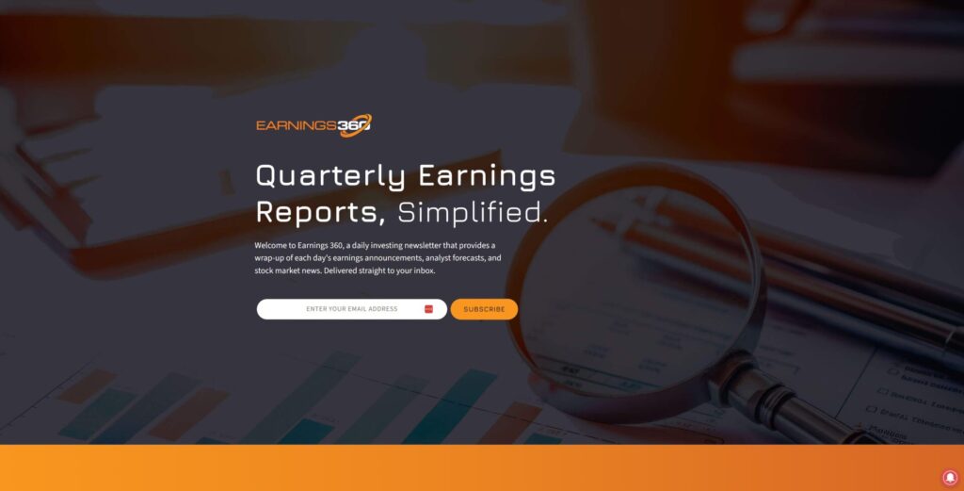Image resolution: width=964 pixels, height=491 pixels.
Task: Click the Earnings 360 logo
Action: point(313,125)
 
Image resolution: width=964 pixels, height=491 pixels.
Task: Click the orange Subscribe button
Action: point(484,309)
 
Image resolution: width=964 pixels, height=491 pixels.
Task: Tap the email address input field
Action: point(352,309)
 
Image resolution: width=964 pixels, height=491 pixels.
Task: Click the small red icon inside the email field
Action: point(428,309)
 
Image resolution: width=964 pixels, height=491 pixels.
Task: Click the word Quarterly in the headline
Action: point(330,176)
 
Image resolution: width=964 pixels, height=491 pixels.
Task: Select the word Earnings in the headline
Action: point(487,176)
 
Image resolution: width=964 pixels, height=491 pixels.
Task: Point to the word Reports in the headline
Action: point(320,212)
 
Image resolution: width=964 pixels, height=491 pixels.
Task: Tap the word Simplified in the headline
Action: point(473,212)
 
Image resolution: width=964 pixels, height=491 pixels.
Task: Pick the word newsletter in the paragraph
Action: point(423,245)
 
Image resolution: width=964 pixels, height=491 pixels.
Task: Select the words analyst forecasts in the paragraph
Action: point(455,258)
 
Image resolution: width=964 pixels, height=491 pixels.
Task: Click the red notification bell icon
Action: point(950,478)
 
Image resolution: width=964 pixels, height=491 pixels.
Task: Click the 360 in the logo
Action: point(354,125)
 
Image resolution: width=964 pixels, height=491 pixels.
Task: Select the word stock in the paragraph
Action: point(264,270)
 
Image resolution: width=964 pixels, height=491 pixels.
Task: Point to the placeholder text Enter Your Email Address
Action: point(352,309)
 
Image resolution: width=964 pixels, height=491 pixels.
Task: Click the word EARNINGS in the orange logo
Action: point(297,125)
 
